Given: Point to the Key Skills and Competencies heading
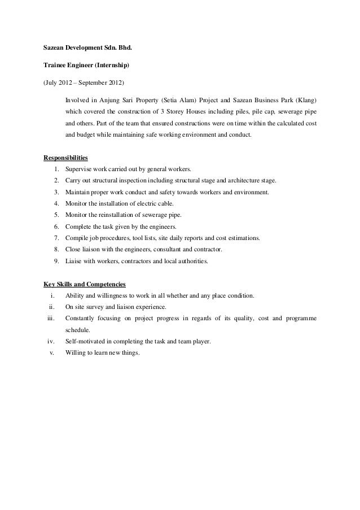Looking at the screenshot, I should (85, 284).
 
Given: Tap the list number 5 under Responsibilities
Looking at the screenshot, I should (57, 215).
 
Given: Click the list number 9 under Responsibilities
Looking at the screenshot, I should (57, 262).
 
